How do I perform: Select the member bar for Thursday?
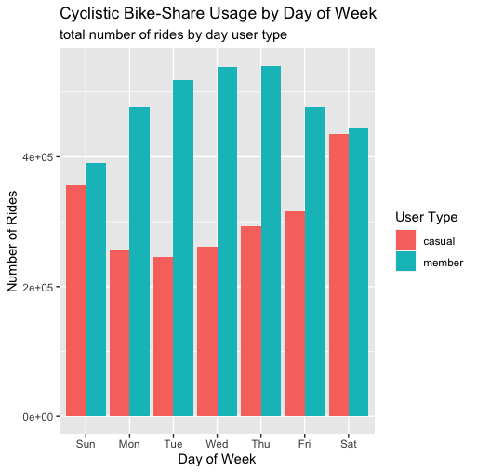pyautogui.click(x=271, y=241)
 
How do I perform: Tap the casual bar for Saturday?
pyautogui.click(x=338, y=275)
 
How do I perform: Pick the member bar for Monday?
pyautogui.click(x=139, y=262)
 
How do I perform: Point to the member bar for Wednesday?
pyautogui.click(x=227, y=241)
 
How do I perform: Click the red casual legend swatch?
pyautogui.click(x=405, y=241)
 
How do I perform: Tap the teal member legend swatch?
pyautogui.click(x=405, y=263)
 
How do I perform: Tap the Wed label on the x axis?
pyautogui.click(x=217, y=444)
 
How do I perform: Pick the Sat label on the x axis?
pyautogui.click(x=349, y=444)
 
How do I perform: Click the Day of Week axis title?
pyautogui.click(x=217, y=459)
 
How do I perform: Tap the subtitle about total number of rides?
pyautogui.click(x=173, y=35)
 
